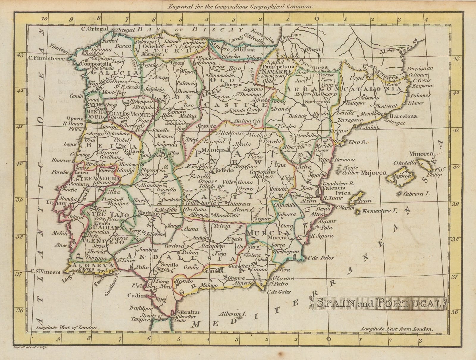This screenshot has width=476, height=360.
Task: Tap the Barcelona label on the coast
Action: coord(403,116)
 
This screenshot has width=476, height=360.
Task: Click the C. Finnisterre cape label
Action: coord(46,58)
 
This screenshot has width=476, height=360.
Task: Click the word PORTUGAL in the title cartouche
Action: coord(407,303)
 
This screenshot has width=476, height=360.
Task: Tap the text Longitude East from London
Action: coord(396,329)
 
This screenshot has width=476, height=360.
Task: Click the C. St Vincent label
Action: coord(46,272)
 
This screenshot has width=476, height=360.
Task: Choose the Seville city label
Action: coord(169,264)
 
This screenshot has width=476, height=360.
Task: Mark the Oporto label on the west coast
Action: coord(75,118)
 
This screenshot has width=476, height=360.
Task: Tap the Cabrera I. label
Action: coord(416,194)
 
